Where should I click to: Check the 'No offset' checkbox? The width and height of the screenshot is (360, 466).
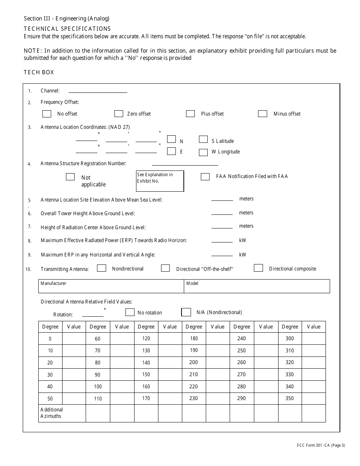click(47, 114)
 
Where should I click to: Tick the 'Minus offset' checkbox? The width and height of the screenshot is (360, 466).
click(263, 114)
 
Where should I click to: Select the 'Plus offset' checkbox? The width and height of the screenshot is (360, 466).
click(190, 114)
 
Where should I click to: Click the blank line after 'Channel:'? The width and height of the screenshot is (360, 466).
click(98, 91)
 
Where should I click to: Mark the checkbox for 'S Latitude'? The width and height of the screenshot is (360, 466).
click(203, 139)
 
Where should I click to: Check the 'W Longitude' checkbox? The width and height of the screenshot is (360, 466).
click(203, 152)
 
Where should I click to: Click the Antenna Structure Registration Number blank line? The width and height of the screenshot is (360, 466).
click(185, 164)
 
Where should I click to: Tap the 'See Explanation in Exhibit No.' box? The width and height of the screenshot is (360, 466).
click(160, 181)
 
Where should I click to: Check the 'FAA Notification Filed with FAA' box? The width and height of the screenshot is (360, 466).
click(205, 177)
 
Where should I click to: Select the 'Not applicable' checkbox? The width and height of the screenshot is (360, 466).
click(70, 177)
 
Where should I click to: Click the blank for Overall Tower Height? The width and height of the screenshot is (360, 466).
click(222, 213)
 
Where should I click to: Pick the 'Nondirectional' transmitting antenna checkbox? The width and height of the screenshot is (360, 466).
click(102, 268)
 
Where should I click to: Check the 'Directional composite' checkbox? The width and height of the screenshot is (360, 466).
click(258, 268)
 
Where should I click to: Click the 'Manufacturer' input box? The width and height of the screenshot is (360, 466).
click(111, 286)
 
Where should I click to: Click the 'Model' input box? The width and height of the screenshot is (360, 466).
click(257, 286)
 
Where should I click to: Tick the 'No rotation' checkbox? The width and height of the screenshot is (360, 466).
click(130, 312)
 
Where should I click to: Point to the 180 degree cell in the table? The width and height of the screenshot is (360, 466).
click(194, 338)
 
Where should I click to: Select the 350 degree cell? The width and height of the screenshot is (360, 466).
click(290, 398)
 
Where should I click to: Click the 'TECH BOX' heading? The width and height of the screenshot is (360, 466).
click(39, 72)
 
